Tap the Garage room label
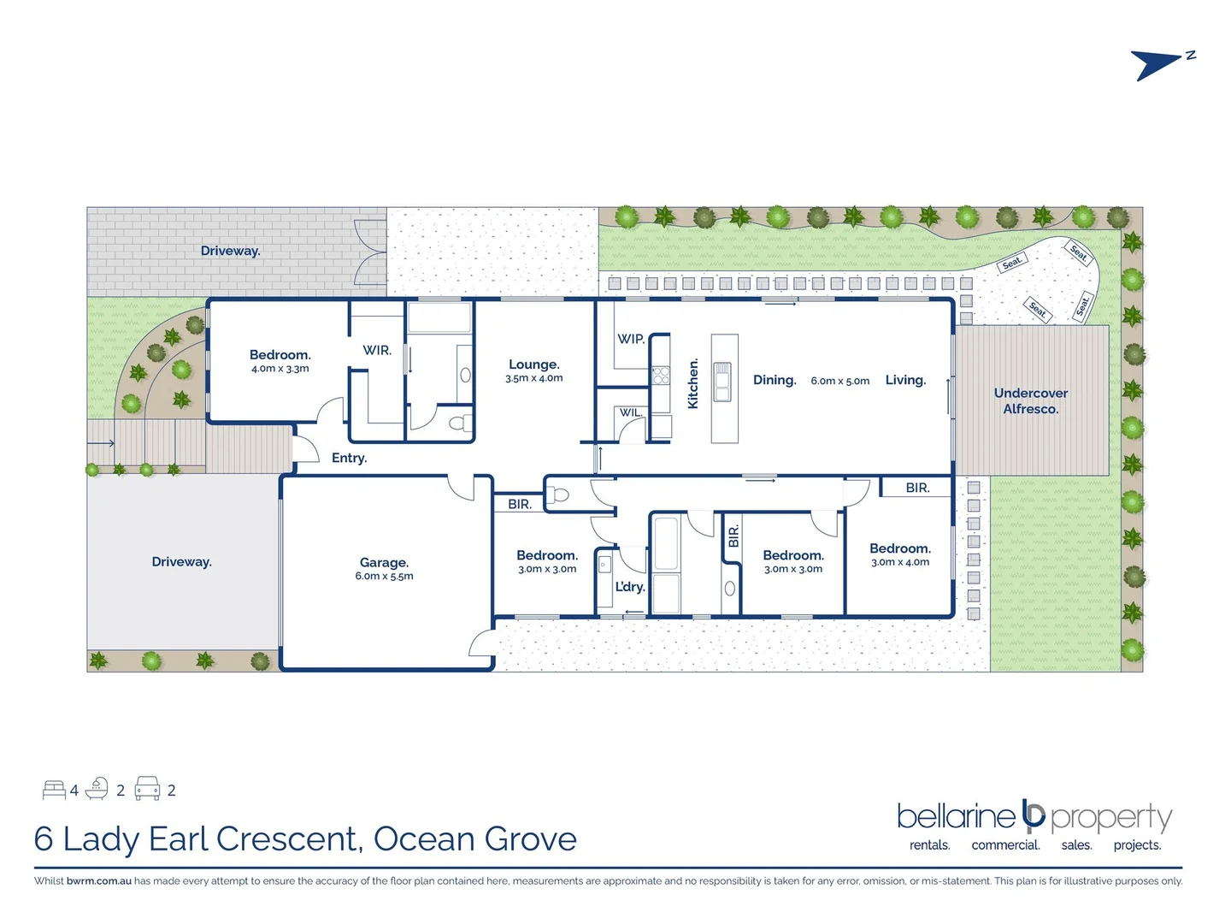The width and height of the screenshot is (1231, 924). [x=384, y=562]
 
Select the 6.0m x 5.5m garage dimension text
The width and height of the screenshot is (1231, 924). [x=384, y=577]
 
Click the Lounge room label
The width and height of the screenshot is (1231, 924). [x=533, y=364]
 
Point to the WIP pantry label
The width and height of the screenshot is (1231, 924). [x=631, y=339]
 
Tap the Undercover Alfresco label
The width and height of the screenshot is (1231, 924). [x=1030, y=400]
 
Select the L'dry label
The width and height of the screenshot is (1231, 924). [x=630, y=587]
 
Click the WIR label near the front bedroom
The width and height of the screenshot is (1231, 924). [x=377, y=350]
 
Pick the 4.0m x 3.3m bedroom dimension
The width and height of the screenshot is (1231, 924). [x=280, y=369]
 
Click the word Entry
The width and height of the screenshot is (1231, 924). [x=349, y=458]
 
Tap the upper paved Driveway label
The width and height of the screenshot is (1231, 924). [x=230, y=251]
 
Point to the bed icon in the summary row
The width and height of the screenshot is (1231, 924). [x=55, y=790]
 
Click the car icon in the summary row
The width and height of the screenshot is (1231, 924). [x=147, y=789]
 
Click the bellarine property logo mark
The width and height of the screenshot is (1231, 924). [x=1034, y=816]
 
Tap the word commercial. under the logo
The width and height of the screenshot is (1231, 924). [x=1005, y=845]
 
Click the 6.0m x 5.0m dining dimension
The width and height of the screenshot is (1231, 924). [x=839, y=381]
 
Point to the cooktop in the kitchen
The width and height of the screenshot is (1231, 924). [x=661, y=375]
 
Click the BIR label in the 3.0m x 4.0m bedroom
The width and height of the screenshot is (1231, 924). [x=917, y=488]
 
